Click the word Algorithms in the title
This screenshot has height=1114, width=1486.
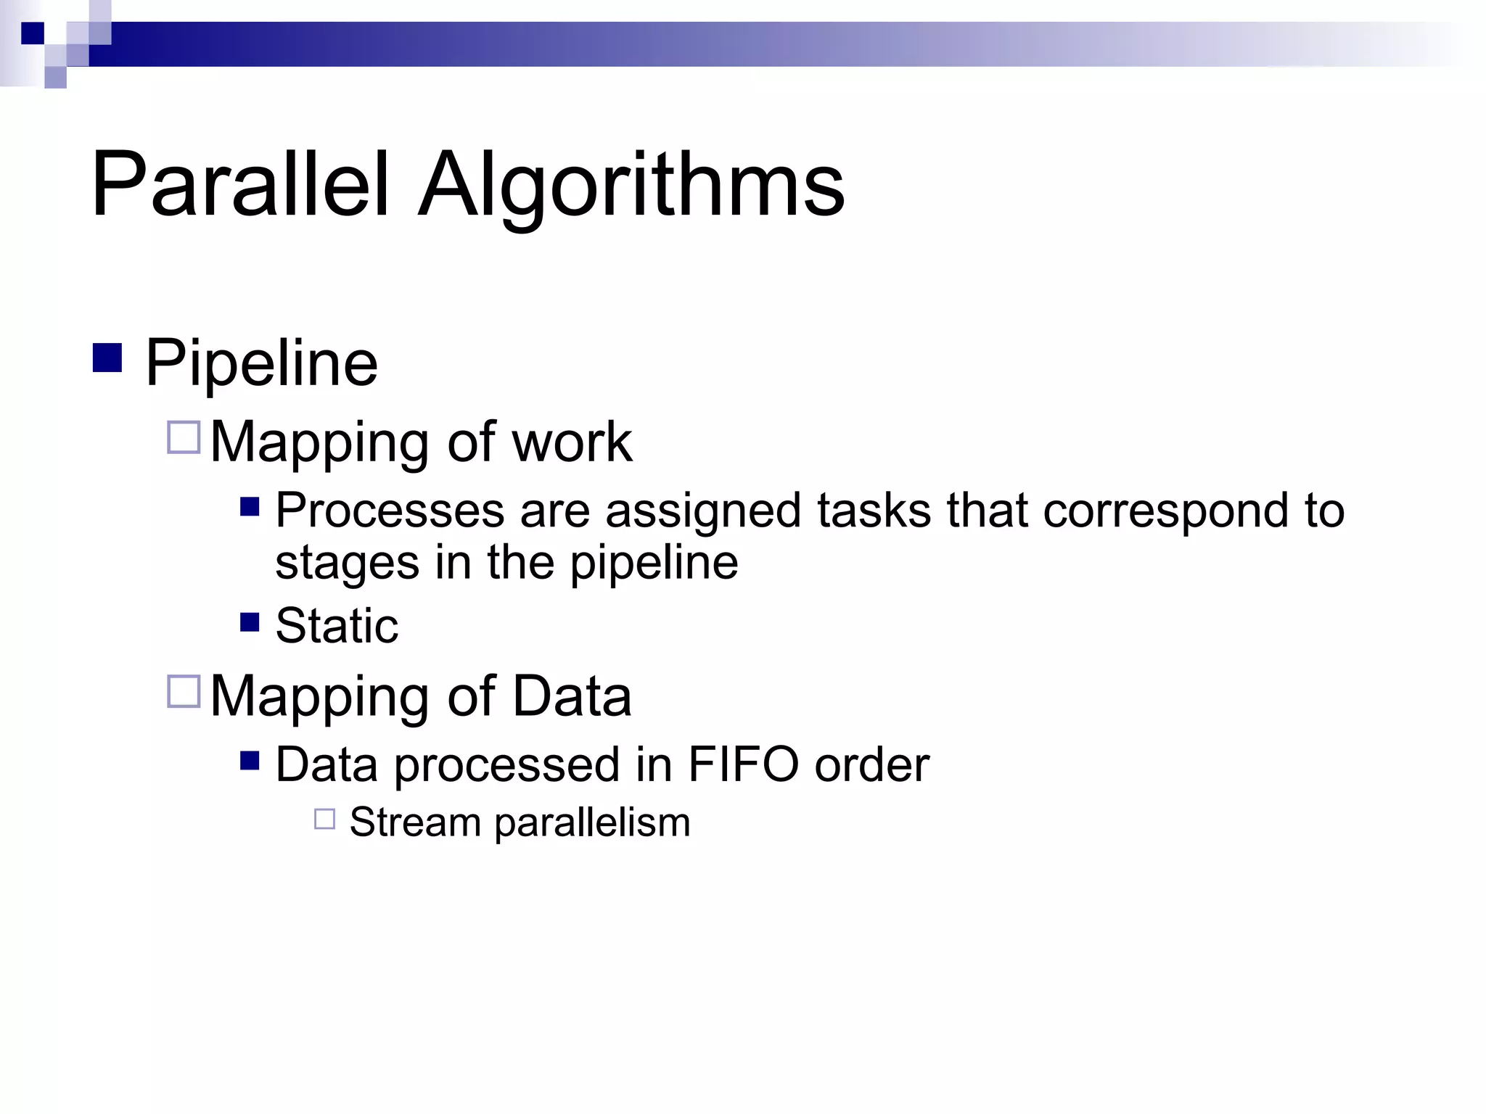click(x=631, y=186)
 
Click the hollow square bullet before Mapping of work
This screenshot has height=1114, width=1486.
click(x=184, y=437)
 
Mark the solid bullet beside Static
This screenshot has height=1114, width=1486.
click(x=250, y=622)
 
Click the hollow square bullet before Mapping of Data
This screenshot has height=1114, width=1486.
click(x=184, y=691)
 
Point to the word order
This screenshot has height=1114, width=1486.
click(x=871, y=765)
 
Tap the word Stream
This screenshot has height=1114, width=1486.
click(x=415, y=822)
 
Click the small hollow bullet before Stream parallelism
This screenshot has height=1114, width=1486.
click(x=324, y=819)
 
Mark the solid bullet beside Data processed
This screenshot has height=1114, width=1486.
click(x=250, y=760)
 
